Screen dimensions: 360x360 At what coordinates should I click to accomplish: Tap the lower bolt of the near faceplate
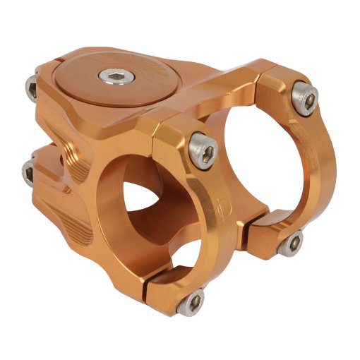pos(192,304)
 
